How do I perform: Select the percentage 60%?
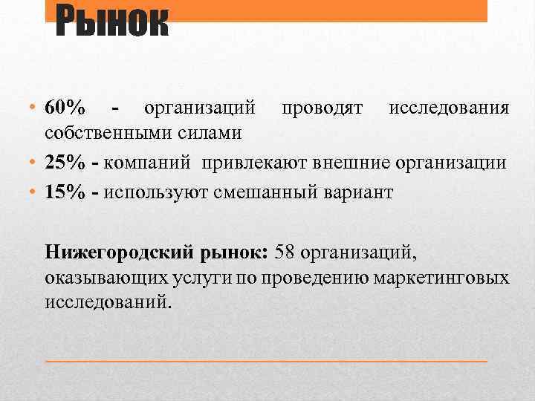pyautogui.click(x=65, y=108)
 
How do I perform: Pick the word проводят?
pyautogui.click(x=322, y=108)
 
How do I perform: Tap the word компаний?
pyautogui.click(x=148, y=163)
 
